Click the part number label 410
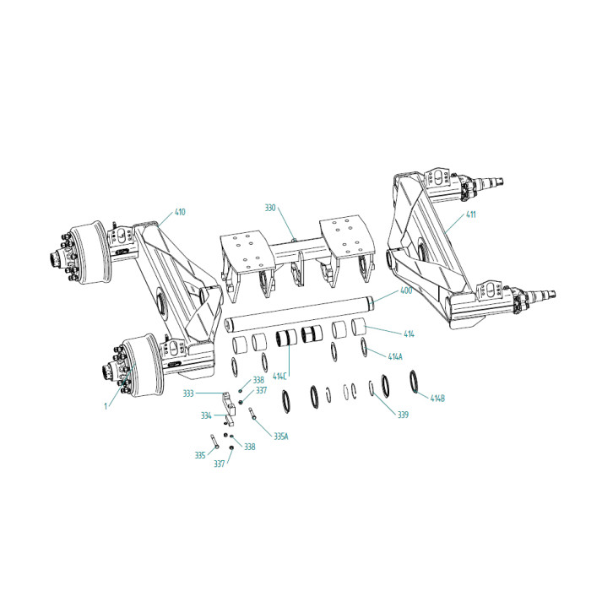click(x=180, y=212)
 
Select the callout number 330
click(x=270, y=208)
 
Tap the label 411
click(x=470, y=214)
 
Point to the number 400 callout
click(x=406, y=290)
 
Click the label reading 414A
click(x=395, y=356)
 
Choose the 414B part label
click(x=437, y=399)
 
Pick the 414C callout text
click(x=280, y=377)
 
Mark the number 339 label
click(x=403, y=415)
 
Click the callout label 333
click(x=188, y=393)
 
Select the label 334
click(x=206, y=415)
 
